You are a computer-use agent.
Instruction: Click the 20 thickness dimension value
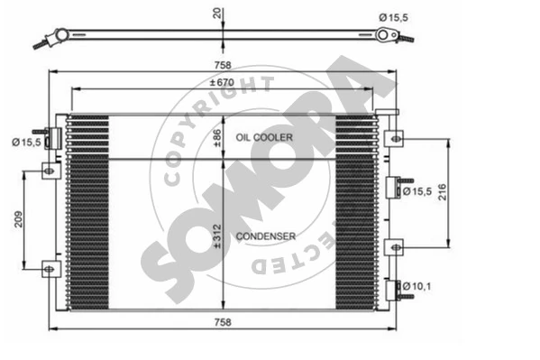pos(217,14)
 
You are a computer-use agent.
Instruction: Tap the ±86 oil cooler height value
pos(217,138)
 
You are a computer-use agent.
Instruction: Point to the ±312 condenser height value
pos(217,236)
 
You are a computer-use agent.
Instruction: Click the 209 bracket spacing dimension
pos(18,219)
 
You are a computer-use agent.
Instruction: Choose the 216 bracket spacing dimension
pos(443,192)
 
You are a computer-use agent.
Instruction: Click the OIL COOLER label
pos(264,137)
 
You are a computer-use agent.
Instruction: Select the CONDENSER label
pos(266,236)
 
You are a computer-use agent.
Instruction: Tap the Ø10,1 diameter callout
pos(416,286)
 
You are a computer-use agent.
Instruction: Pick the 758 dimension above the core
pos(223,65)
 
